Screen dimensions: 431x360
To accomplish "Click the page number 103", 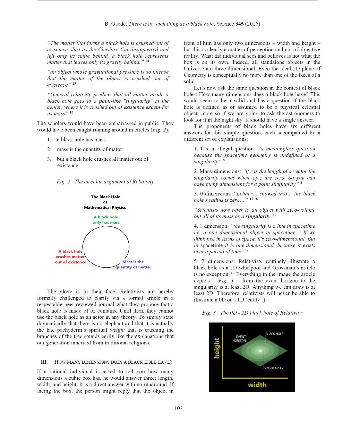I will click(x=178, y=408).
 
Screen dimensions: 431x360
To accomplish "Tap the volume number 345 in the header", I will click(x=239, y=24).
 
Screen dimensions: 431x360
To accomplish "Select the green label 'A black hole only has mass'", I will click(x=106, y=220).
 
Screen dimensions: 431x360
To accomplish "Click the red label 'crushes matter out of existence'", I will click(x=70, y=257).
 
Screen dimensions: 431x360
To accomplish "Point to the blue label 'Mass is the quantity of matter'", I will click(x=133, y=265).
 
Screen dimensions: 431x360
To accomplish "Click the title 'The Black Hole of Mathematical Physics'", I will click(x=105, y=202).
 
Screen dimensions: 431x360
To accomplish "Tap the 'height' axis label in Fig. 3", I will click(x=217, y=348).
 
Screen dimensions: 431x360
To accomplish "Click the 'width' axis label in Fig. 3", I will click(x=257, y=385).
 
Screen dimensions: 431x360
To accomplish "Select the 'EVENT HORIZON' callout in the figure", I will click(x=239, y=339).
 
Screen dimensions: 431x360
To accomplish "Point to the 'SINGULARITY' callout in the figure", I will click(x=274, y=368).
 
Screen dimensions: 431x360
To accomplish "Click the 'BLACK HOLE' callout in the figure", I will click(x=274, y=334).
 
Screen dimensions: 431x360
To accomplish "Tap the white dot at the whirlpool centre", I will click(x=261, y=351).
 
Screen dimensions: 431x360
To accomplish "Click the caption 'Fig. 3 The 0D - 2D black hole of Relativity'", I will click(x=252, y=313).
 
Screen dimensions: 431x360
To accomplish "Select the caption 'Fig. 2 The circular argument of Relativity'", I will click(x=105, y=182).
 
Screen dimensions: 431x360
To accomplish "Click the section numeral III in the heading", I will click(x=44, y=362).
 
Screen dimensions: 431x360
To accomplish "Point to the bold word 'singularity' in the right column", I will click(x=258, y=216).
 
